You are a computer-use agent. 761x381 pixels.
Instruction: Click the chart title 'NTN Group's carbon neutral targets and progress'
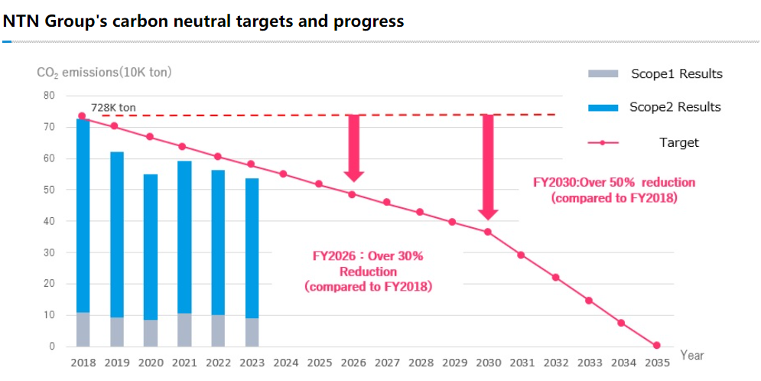point(203,21)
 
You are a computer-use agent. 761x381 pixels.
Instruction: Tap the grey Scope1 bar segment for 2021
point(184,330)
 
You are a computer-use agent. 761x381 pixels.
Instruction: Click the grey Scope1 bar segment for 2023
point(252,332)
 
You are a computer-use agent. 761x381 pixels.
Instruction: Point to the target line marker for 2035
point(656,345)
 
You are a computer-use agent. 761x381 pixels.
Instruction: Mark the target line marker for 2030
point(487,232)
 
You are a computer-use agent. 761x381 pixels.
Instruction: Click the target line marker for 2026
point(353,194)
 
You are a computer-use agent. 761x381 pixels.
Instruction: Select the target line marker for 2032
point(555,277)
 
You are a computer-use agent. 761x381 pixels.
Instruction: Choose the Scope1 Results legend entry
point(655,73)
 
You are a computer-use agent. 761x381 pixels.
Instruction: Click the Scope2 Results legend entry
point(655,107)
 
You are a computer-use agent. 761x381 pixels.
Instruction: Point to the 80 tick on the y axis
point(50,96)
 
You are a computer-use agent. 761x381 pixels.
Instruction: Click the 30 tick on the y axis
point(50,252)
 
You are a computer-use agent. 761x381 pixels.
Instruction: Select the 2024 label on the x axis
point(285,361)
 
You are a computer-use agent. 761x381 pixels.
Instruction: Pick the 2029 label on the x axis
point(454,361)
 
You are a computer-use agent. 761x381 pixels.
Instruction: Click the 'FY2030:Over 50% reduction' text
point(614,183)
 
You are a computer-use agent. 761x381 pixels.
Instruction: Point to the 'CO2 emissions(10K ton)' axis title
point(104,73)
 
